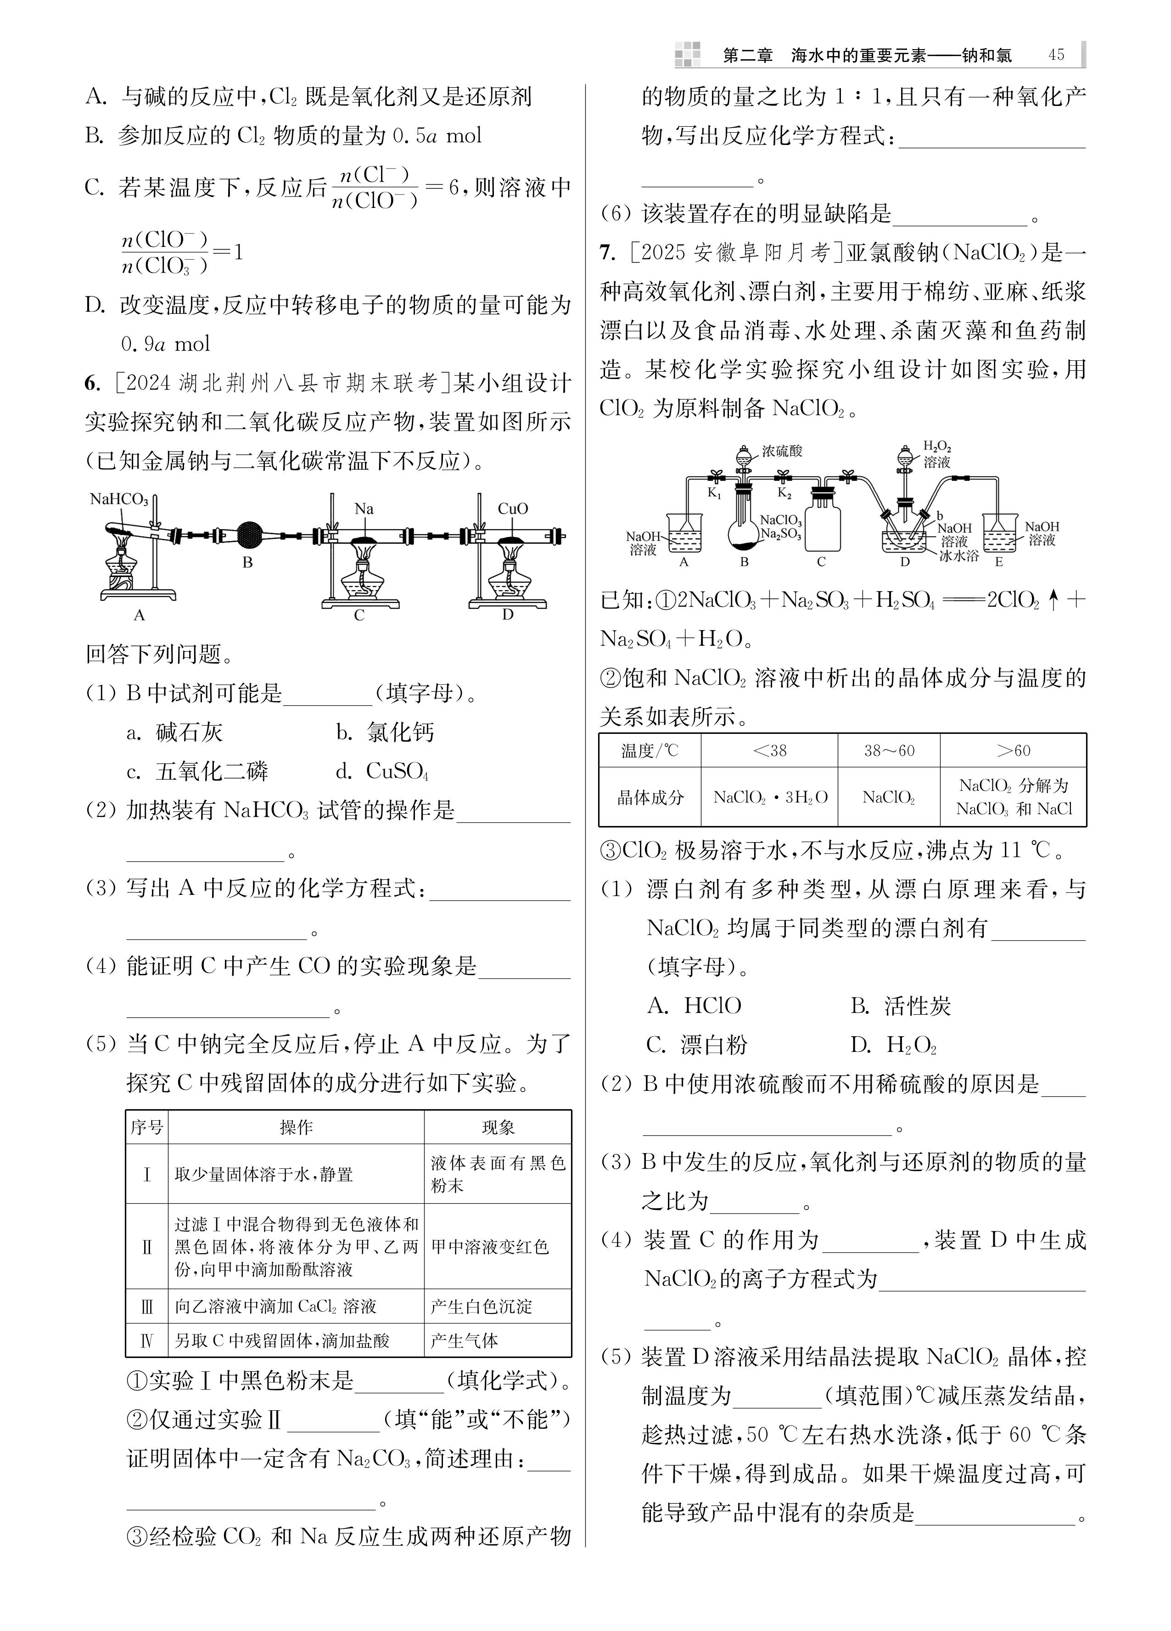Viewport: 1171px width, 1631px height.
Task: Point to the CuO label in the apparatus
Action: point(512,508)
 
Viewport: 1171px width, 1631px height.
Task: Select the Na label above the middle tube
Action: point(364,508)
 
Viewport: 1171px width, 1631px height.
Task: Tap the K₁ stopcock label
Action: point(714,493)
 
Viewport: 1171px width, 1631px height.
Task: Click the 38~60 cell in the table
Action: point(889,751)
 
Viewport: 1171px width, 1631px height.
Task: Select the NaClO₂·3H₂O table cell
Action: point(770,797)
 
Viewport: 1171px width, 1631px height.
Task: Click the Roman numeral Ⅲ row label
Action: point(147,1307)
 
